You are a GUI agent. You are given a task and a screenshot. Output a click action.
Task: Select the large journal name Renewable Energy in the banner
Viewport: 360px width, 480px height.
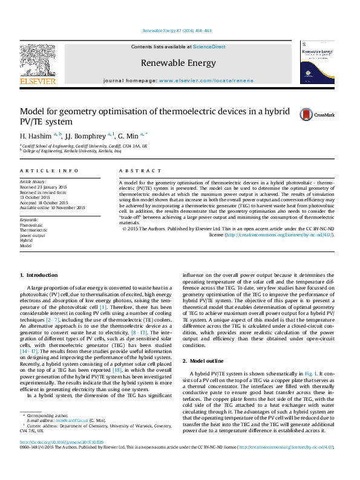point(178,63)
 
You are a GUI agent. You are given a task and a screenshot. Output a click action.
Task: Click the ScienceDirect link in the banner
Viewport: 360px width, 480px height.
point(209,47)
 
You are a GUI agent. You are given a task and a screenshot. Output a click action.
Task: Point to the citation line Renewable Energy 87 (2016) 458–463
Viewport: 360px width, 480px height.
point(177,30)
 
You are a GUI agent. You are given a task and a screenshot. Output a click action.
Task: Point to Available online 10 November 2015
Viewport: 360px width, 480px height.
point(53,208)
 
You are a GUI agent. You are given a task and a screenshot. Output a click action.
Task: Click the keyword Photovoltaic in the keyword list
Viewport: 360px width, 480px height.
point(31,225)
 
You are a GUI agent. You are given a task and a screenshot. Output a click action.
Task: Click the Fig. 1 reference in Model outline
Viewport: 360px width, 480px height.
point(293,374)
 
